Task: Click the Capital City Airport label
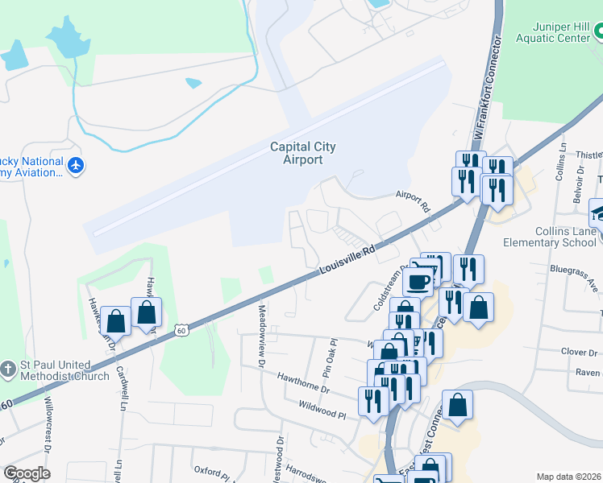tap(302, 153)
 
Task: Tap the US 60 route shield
tap(181, 330)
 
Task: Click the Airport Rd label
tap(413, 201)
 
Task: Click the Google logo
tap(27, 473)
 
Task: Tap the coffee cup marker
tap(418, 282)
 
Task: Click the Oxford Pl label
tap(209, 470)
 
